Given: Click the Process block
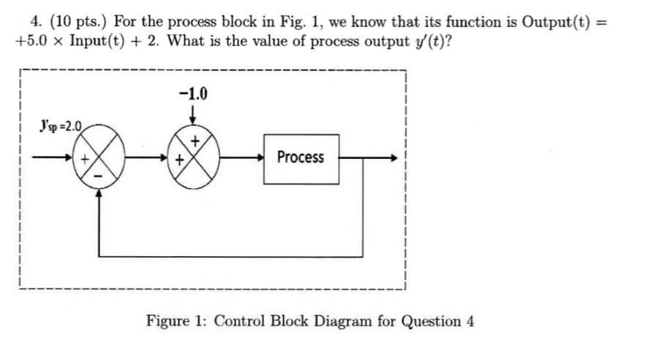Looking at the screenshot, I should click(301, 157).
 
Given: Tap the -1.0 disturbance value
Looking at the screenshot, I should click(192, 94).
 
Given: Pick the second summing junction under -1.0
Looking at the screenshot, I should click(192, 157).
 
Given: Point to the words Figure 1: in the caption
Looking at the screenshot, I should click(177, 320).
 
